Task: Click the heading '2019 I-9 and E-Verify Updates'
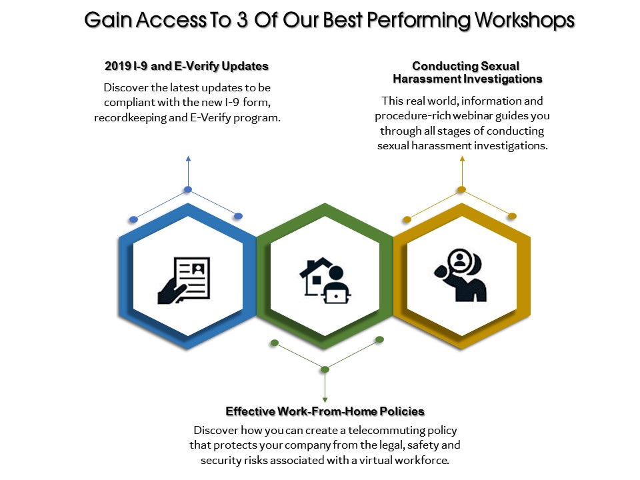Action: (187, 66)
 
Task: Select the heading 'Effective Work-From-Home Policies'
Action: (325, 411)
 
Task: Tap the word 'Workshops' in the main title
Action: (525, 21)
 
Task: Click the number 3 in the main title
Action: (242, 21)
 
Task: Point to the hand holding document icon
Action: (184, 280)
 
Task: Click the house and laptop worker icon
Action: (325, 281)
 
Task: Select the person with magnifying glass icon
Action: (461, 275)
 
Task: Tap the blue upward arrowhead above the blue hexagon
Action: (188, 159)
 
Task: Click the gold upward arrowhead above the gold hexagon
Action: (462, 159)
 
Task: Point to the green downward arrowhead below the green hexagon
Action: (325, 400)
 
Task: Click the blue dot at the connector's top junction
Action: (188, 189)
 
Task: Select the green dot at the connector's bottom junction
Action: (325, 369)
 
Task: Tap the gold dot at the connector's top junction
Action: (461, 189)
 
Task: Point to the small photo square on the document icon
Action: (199, 269)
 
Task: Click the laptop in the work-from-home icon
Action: (336, 295)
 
